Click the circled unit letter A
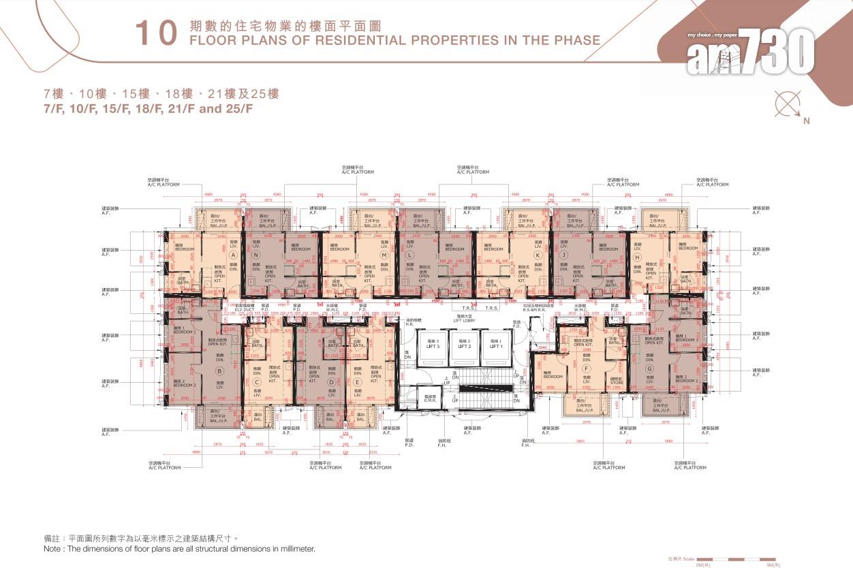coord(233,255)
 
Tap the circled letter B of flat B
coord(219,371)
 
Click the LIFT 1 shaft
coord(495,345)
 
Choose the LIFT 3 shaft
coord(433,345)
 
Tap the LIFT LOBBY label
coord(465,319)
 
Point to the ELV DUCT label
coord(244,310)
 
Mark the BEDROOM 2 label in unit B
coord(184,383)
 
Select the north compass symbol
coord(789,106)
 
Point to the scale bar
coord(733,558)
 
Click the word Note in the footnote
coord(52,549)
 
